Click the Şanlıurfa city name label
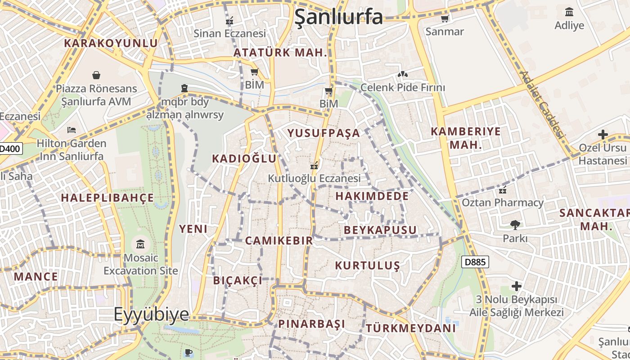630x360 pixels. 338,17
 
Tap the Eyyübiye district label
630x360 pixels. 151,314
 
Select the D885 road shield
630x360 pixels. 475,262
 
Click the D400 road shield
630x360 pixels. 10,148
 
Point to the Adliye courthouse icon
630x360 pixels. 569,12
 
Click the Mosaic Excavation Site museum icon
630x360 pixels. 140,244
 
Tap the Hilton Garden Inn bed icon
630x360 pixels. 71,130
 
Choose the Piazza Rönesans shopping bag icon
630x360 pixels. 96,75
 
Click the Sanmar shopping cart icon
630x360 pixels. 445,18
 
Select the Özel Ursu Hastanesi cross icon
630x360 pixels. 603,134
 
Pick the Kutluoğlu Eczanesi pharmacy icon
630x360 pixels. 314,165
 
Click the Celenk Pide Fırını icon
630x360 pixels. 402,74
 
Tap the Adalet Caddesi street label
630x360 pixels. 542,104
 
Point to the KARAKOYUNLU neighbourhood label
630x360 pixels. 111,43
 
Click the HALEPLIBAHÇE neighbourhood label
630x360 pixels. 108,198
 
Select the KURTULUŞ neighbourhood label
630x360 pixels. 367,265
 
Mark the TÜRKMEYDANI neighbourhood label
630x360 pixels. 410,328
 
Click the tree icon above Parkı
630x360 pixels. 515,225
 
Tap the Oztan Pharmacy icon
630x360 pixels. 502,189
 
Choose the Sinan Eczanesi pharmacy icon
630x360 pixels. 229,20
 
